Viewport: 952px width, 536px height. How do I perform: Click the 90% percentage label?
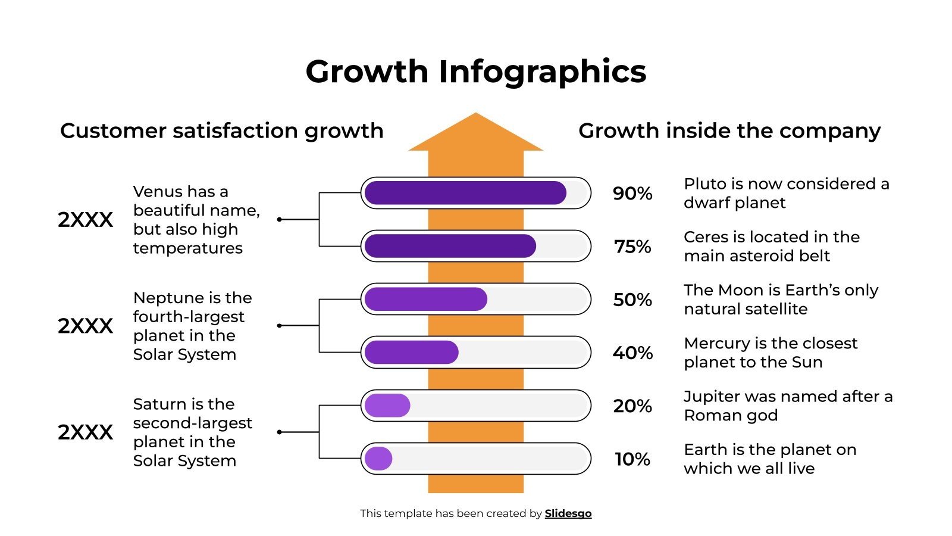point(632,194)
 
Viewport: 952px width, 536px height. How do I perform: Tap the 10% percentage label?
point(632,459)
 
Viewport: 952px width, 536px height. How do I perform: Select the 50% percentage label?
point(632,300)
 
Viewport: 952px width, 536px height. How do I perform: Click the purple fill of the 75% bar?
point(450,246)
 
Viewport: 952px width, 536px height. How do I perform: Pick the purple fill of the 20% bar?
point(387,406)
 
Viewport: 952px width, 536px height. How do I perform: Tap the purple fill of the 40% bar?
point(411,353)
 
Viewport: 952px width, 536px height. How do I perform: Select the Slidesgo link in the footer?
point(568,513)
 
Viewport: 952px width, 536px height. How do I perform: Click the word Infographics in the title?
point(542,71)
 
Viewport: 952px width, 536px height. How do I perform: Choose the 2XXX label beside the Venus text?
point(85,220)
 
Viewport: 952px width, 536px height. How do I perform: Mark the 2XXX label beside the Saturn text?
point(85,432)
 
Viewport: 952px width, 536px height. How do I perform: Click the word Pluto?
point(705,184)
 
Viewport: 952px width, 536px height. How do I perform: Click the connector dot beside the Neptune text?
point(280,326)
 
